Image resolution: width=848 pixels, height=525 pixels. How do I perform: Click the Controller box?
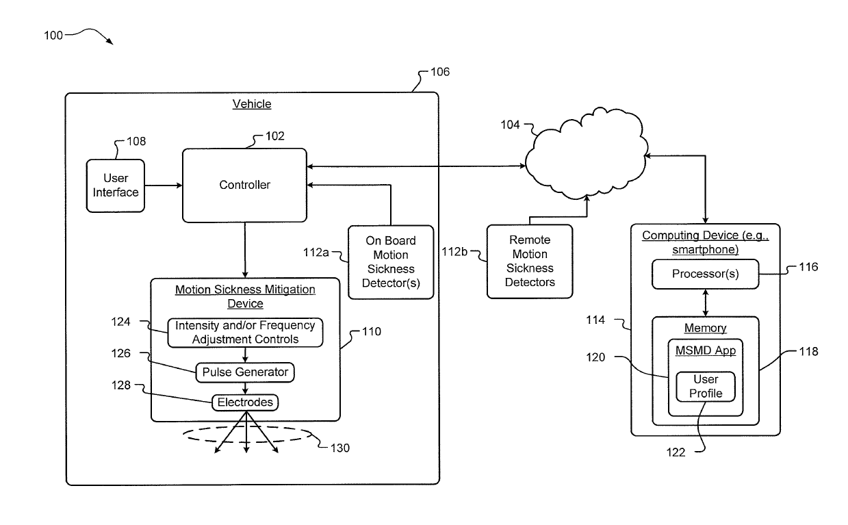point(244,185)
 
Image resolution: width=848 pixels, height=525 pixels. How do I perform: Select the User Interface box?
point(116,185)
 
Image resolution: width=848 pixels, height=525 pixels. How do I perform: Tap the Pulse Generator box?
point(245,372)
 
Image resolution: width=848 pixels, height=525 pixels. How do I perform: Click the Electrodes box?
point(245,402)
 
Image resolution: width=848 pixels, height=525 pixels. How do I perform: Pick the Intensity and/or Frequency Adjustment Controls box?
point(245,333)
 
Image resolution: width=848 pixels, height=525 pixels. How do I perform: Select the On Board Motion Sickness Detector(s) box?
point(391,262)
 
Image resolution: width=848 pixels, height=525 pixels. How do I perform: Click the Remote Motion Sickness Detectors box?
point(530,261)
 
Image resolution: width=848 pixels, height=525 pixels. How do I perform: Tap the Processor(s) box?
point(705,274)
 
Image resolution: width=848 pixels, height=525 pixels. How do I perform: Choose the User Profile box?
point(706,387)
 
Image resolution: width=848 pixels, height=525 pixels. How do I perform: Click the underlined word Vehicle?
point(252,104)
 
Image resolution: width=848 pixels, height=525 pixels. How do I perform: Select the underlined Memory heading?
point(705,328)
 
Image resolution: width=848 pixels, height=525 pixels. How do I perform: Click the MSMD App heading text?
point(706,350)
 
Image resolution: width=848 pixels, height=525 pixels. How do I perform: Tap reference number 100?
point(53,36)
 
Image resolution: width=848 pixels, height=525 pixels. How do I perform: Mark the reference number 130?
point(340,448)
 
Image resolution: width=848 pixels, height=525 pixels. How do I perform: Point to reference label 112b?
point(454,252)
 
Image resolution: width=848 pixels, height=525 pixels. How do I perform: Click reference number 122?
point(676,452)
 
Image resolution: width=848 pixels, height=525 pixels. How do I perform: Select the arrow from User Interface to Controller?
point(164,185)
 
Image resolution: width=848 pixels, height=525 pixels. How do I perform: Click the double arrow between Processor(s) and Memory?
point(705,303)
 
